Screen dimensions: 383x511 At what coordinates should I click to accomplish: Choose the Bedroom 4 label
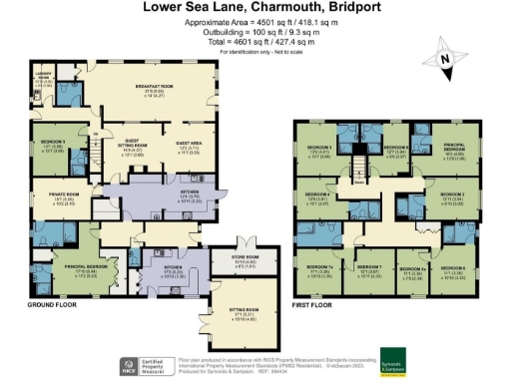click(x=317, y=195)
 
